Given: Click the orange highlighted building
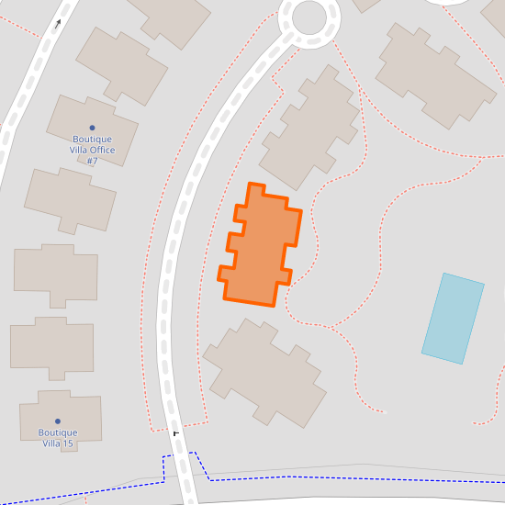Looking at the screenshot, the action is click(x=261, y=246).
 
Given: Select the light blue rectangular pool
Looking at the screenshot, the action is click(x=453, y=318).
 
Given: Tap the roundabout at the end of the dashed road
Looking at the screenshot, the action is click(x=309, y=17).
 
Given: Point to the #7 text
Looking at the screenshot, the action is click(x=92, y=162).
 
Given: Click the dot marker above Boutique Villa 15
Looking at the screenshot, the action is click(x=57, y=421).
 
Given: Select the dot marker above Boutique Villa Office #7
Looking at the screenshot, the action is click(x=92, y=128).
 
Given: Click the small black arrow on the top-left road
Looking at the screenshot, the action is click(x=59, y=24).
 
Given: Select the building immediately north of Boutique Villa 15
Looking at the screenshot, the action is click(x=52, y=347).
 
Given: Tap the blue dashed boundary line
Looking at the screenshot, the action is click(x=275, y=477).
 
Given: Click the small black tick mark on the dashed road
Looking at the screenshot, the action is click(x=175, y=432).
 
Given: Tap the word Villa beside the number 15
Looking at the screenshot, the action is click(x=52, y=443).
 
